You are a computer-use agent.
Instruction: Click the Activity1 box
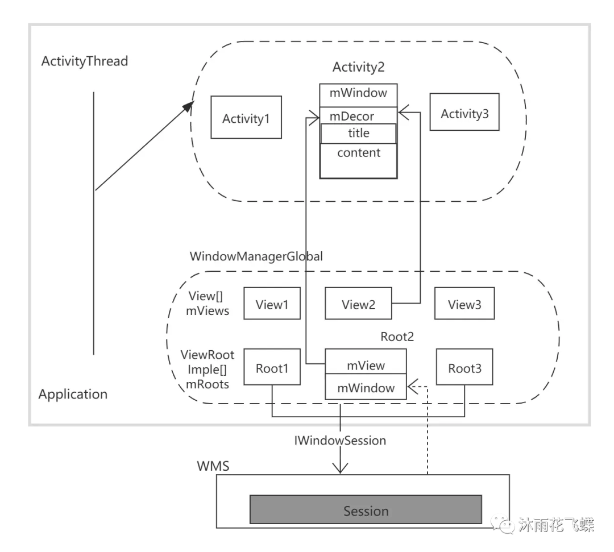tap(246, 118)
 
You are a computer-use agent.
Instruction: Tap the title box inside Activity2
tap(358, 134)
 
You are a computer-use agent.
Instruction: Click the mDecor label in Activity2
tap(352, 117)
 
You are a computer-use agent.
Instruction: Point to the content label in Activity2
tap(358, 153)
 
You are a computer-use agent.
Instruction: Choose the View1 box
tap(272, 304)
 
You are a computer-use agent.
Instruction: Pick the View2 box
tap(358, 304)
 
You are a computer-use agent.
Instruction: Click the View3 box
tap(464, 304)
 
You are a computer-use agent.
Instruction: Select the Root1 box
tap(272, 368)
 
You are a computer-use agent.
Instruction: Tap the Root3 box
tap(464, 368)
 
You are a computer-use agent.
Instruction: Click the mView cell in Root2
tap(366, 365)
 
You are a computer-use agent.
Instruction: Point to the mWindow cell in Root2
tap(366, 388)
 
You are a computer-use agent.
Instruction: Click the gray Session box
tap(366, 510)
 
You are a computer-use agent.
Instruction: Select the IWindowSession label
tap(340, 440)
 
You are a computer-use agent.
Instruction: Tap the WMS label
tap(213, 466)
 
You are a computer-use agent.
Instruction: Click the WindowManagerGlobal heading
tap(256, 256)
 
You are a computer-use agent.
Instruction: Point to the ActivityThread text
tap(85, 61)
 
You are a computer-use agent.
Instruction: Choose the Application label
tap(73, 394)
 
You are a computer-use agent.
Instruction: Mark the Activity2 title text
tap(358, 67)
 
